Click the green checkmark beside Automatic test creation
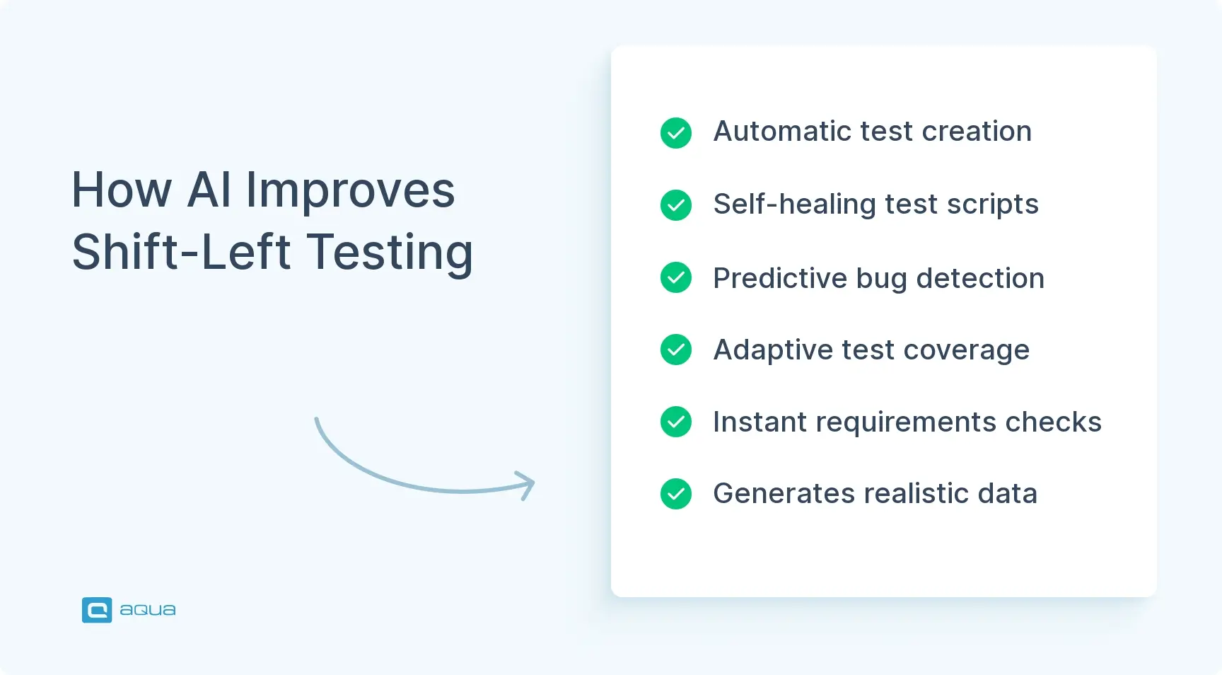coord(676,133)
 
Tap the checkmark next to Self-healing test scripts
coord(676,205)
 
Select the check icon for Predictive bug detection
coord(676,277)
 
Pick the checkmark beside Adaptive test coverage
coord(676,350)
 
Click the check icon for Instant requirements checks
coord(676,422)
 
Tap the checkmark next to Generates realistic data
coord(676,494)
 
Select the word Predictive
coord(780,278)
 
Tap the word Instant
coord(760,422)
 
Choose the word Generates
coord(784,494)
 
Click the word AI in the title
coord(209,190)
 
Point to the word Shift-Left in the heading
coord(181,253)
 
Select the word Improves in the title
coord(350,191)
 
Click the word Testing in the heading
coord(390,253)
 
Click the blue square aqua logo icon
coord(97,610)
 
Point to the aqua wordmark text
coord(147,610)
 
